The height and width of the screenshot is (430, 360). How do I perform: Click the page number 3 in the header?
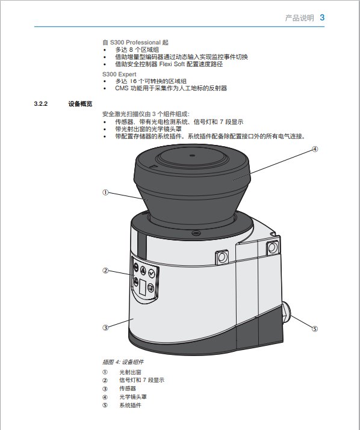(x=322, y=18)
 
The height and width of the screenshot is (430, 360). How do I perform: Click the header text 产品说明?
(x=299, y=18)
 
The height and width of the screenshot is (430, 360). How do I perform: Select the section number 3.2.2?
(x=41, y=103)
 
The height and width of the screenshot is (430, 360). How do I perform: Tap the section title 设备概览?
(x=80, y=103)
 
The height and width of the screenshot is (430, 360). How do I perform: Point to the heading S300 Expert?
(x=119, y=75)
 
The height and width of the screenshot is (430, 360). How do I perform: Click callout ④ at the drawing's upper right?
(x=315, y=149)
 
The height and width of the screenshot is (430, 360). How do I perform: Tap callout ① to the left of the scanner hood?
(x=105, y=192)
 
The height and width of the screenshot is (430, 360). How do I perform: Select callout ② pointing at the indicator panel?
(x=105, y=271)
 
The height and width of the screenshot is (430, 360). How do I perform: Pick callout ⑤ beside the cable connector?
(x=315, y=328)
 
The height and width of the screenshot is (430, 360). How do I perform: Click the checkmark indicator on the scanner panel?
(x=152, y=273)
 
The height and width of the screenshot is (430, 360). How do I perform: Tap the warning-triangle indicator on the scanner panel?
(x=143, y=271)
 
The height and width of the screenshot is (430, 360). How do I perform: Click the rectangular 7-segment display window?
(x=142, y=287)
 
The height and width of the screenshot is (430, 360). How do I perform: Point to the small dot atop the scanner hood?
(x=192, y=156)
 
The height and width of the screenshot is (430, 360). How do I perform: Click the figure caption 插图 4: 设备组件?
(x=123, y=362)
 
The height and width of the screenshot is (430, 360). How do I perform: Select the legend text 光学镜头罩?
(x=133, y=397)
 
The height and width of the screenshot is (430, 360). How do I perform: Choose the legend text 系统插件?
(x=130, y=405)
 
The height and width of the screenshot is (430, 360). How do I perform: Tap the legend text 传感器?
(x=128, y=389)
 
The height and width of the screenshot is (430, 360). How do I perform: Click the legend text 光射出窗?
(x=130, y=372)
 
